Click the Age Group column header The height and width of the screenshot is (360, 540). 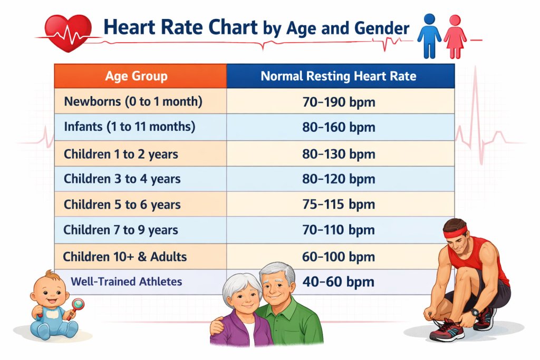pyautogui.click(x=136, y=76)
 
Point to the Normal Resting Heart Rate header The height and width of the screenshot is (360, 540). pyautogui.click(x=339, y=76)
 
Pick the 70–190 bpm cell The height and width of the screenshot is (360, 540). pyautogui.click(x=339, y=102)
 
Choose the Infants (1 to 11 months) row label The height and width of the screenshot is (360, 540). pyautogui.click(x=130, y=127)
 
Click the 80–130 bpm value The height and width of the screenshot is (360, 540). pyautogui.click(x=339, y=154)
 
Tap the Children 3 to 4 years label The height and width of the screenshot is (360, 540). pyautogui.click(x=122, y=179)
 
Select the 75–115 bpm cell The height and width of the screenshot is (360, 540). pyautogui.click(x=339, y=205)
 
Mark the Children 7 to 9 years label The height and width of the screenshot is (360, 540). pyautogui.click(x=121, y=230)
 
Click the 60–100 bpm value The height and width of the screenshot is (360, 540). pyautogui.click(x=339, y=257)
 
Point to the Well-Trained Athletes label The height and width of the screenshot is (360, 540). pyautogui.click(x=127, y=281)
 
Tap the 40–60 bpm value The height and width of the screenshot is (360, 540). pyautogui.click(x=339, y=281)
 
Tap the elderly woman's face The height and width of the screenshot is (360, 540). pyautogui.click(x=242, y=297)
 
